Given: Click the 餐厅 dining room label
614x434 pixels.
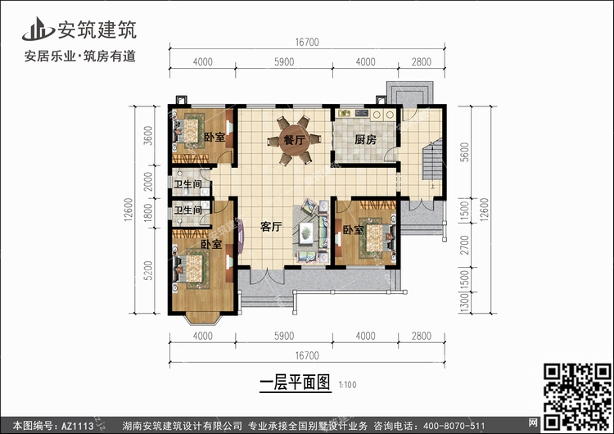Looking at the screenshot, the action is (295, 140).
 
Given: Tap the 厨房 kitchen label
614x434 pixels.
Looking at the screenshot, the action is (366, 139).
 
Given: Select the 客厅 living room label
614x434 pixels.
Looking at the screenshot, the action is (271, 227).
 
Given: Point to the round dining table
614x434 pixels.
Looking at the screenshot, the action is (294, 140).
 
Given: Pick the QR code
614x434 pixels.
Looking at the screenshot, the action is (577, 396).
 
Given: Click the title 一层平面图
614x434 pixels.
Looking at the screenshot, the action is (296, 382).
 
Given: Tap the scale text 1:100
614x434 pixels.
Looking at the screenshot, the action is (348, 385).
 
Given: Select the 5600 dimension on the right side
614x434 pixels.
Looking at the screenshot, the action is (464, 152).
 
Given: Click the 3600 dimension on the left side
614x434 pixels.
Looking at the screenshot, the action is (148, 136).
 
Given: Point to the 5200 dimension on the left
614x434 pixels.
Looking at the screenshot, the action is (148, 271).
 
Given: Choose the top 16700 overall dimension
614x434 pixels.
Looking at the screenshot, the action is (307, 42).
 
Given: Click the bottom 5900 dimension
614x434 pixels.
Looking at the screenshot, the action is (284, 336).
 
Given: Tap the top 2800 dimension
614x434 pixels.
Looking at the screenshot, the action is (422, 61).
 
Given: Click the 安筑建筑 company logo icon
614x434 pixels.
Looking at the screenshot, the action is (38, 29).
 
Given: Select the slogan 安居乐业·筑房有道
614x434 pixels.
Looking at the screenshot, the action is (80, 56).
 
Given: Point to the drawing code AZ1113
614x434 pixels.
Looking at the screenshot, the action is (78, 426).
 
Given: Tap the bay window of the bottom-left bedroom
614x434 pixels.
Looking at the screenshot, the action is (203, 319).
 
